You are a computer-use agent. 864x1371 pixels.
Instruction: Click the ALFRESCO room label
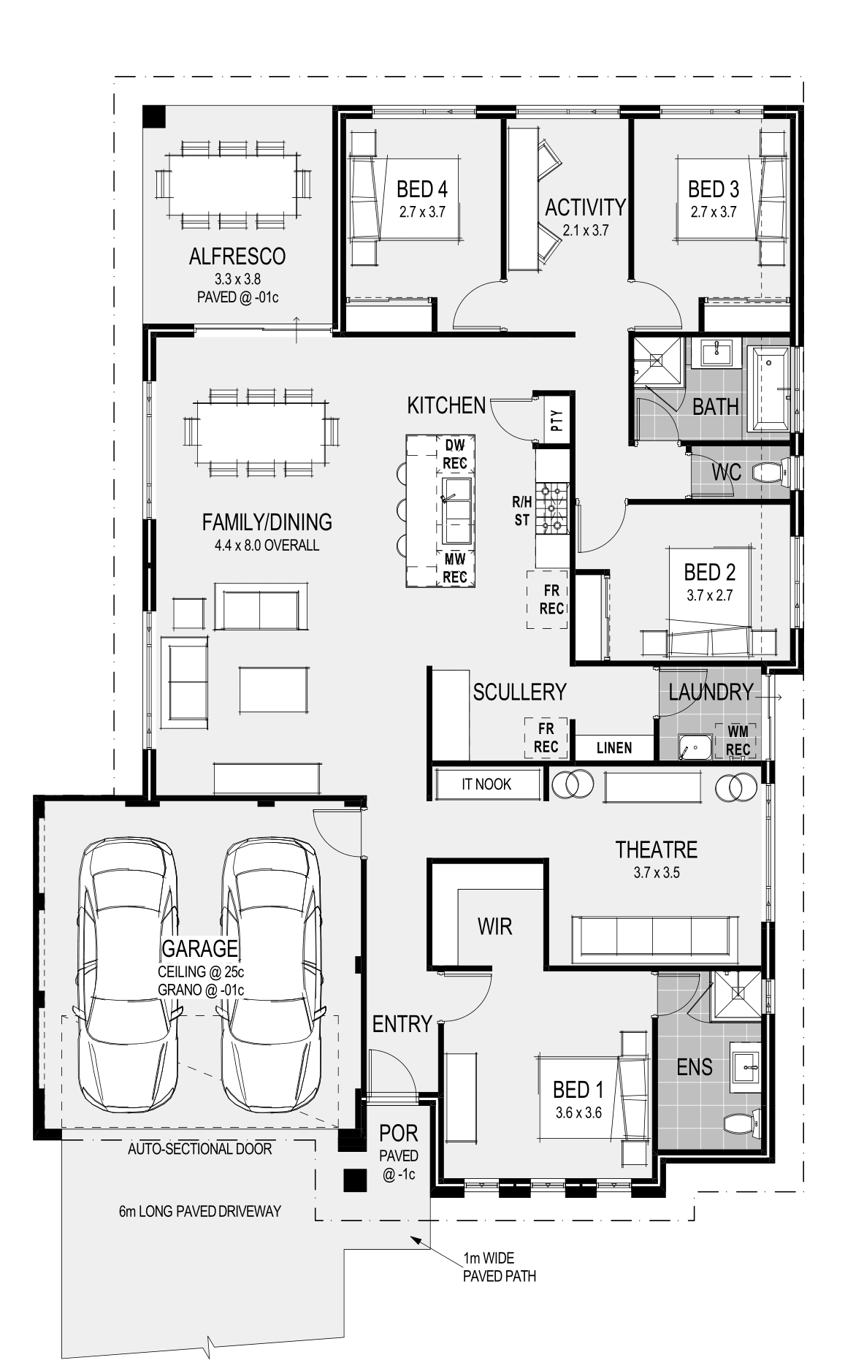point(237,256)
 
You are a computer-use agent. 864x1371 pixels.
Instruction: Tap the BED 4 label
point(421,189)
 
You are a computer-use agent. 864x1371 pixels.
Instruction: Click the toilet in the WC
point(767,473)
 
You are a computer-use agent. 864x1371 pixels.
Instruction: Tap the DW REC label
point(454,454)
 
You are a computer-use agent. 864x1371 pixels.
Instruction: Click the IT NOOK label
point(486,784)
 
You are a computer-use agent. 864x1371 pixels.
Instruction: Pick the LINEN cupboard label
point(614,748)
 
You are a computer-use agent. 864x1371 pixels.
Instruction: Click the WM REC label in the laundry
point(738,740)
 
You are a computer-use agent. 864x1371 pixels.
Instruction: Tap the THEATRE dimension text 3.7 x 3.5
point(656,872)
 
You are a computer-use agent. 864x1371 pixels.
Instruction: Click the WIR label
point(494,927)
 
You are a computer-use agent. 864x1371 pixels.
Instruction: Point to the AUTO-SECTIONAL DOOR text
point(200,1149)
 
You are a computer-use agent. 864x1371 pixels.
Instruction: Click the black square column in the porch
point(356,1180)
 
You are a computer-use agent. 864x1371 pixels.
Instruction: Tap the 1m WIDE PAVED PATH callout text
point(499,1267)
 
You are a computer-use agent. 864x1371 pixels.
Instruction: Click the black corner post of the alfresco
point(155,116)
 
